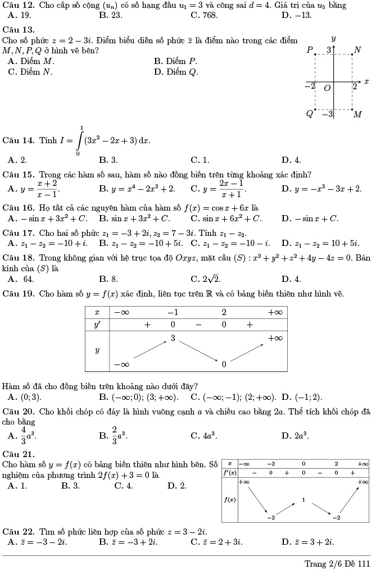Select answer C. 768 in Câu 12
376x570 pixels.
point(204,15)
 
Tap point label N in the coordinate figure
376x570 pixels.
point(357,50)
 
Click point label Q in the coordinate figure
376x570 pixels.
point(309,114)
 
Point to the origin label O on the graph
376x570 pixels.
point(327,88)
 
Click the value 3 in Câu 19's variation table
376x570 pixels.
point(174,339)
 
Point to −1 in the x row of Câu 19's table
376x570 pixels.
point(173,312)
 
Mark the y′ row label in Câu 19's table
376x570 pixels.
point(97,325)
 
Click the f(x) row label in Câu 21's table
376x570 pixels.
point(229,499)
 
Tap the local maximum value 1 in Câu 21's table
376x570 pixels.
point(303,499)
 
